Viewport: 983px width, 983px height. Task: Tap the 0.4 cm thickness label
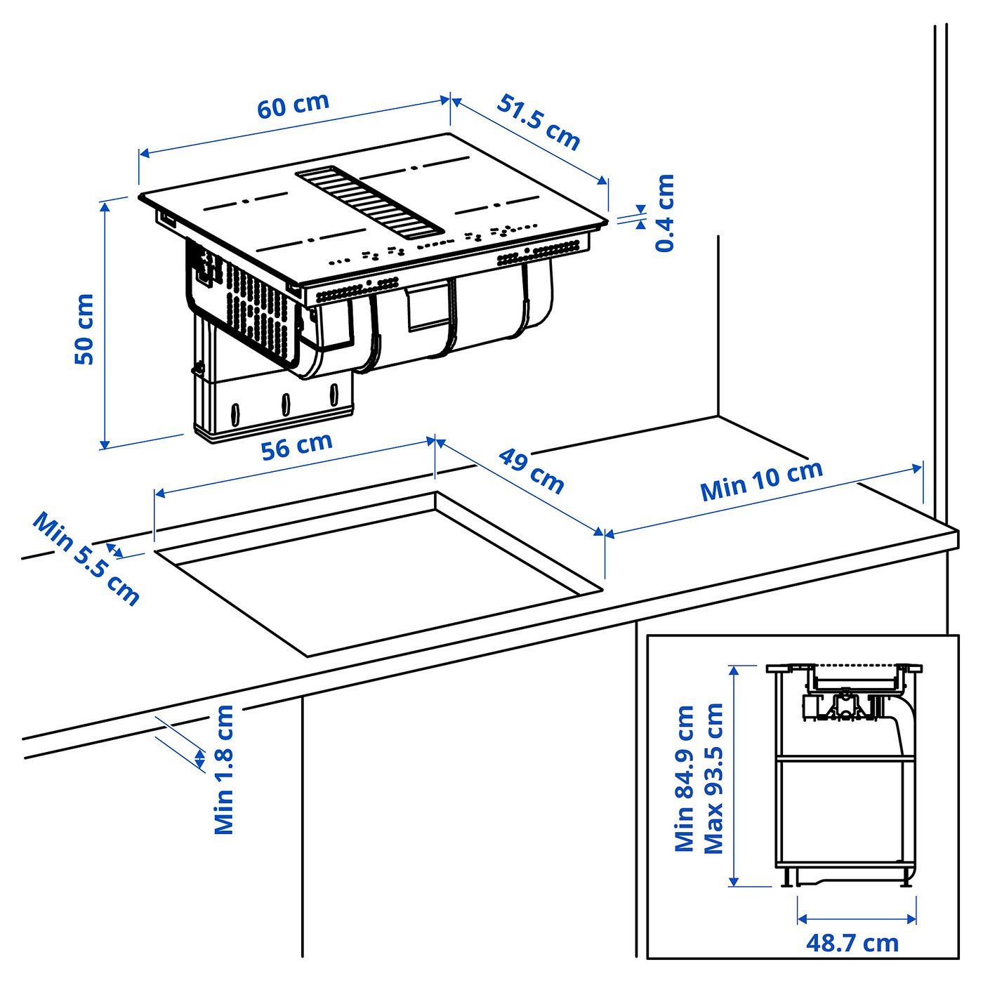tap(664, 213)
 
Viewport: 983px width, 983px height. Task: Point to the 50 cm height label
tap(84, 329)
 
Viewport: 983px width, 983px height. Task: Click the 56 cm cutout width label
tap(296, 446)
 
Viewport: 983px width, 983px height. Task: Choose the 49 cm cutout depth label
tap(532, 471)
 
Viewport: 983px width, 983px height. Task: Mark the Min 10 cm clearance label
tap(761, 481)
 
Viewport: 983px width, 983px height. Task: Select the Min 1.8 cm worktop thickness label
tap(223, 770)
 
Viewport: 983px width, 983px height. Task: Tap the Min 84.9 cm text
tap(684, 779)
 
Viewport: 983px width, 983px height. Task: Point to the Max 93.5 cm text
tap(713, 779)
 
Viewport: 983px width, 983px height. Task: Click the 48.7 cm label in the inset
tap(852, 943)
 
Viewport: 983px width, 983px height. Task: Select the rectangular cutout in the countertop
tap(379, 572)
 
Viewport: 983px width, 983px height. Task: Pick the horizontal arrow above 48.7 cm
tap(857, 918)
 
